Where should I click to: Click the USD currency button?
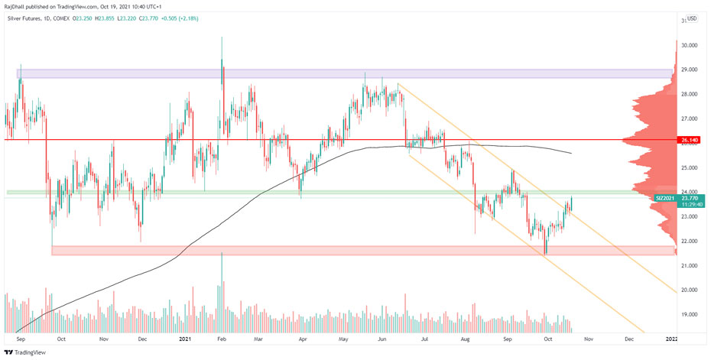[x=691, y=18]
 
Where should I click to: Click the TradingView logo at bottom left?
[x=24, y=352]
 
